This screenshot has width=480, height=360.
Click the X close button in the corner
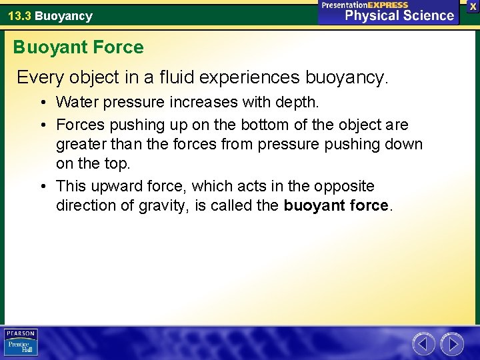[x=473, y=6]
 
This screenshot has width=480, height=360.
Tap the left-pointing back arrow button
[x=423, y=344]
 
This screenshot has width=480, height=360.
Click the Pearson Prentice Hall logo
[x=21, y=342]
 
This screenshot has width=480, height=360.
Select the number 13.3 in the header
[x=19, y=16]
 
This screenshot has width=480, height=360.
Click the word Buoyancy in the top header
[x=63, y=16]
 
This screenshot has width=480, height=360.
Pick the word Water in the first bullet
[x=76, y=103]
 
